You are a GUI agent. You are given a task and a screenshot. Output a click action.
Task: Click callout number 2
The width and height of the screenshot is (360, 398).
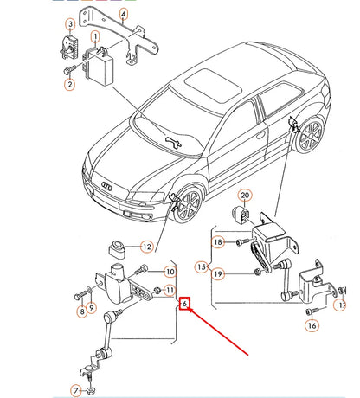(x=68, y=84)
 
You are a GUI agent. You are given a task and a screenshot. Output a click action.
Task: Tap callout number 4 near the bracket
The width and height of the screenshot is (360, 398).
(x=124, y=15)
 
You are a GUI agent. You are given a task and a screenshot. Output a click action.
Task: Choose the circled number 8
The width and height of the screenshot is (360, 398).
(x=81, y=311)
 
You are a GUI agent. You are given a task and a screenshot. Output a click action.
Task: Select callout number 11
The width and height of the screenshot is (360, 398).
(x=170, y=290)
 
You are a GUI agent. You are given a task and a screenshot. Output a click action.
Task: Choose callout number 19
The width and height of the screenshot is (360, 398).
(x=220, y=275)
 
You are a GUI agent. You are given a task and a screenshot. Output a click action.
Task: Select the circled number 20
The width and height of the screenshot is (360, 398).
(x=244, y=196)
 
